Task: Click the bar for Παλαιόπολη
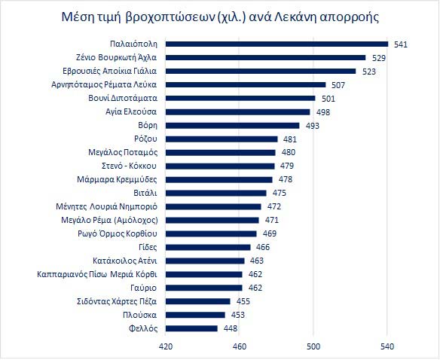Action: pos(277,44)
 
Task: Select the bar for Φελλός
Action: pos(191,328)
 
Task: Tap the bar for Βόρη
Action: pos(232,126)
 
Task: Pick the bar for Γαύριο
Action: pos(203,288)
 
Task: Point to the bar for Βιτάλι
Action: pos(215,193)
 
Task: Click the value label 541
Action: pos(400,44)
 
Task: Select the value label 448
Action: pos(231,328)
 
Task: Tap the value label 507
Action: pos(338,85)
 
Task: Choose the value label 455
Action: pos(243,301)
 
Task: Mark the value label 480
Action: pos(289,152)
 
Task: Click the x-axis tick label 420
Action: pos(166,346)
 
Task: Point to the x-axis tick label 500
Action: pos(313,346)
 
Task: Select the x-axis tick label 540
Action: pos(387,346)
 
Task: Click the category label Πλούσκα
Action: pos(139,315)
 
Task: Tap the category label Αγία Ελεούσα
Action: pos(131,111)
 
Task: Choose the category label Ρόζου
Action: pos(145,139)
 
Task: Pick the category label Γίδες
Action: pos(148,247)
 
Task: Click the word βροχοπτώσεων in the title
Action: pos(170,17)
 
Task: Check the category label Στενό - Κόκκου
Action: pos(129,166)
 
